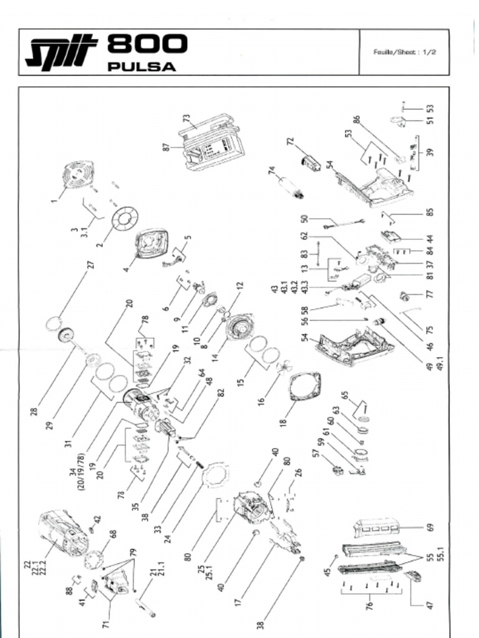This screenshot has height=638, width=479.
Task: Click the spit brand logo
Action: [x=61, y=52]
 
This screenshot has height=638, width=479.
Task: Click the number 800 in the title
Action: [x=147, y=45]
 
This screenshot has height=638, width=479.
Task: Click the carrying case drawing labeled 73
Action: [x=212, y=143]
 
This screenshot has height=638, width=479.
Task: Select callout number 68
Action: [x=113, y=535]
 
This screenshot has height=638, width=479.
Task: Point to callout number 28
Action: [x=34, y=411]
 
